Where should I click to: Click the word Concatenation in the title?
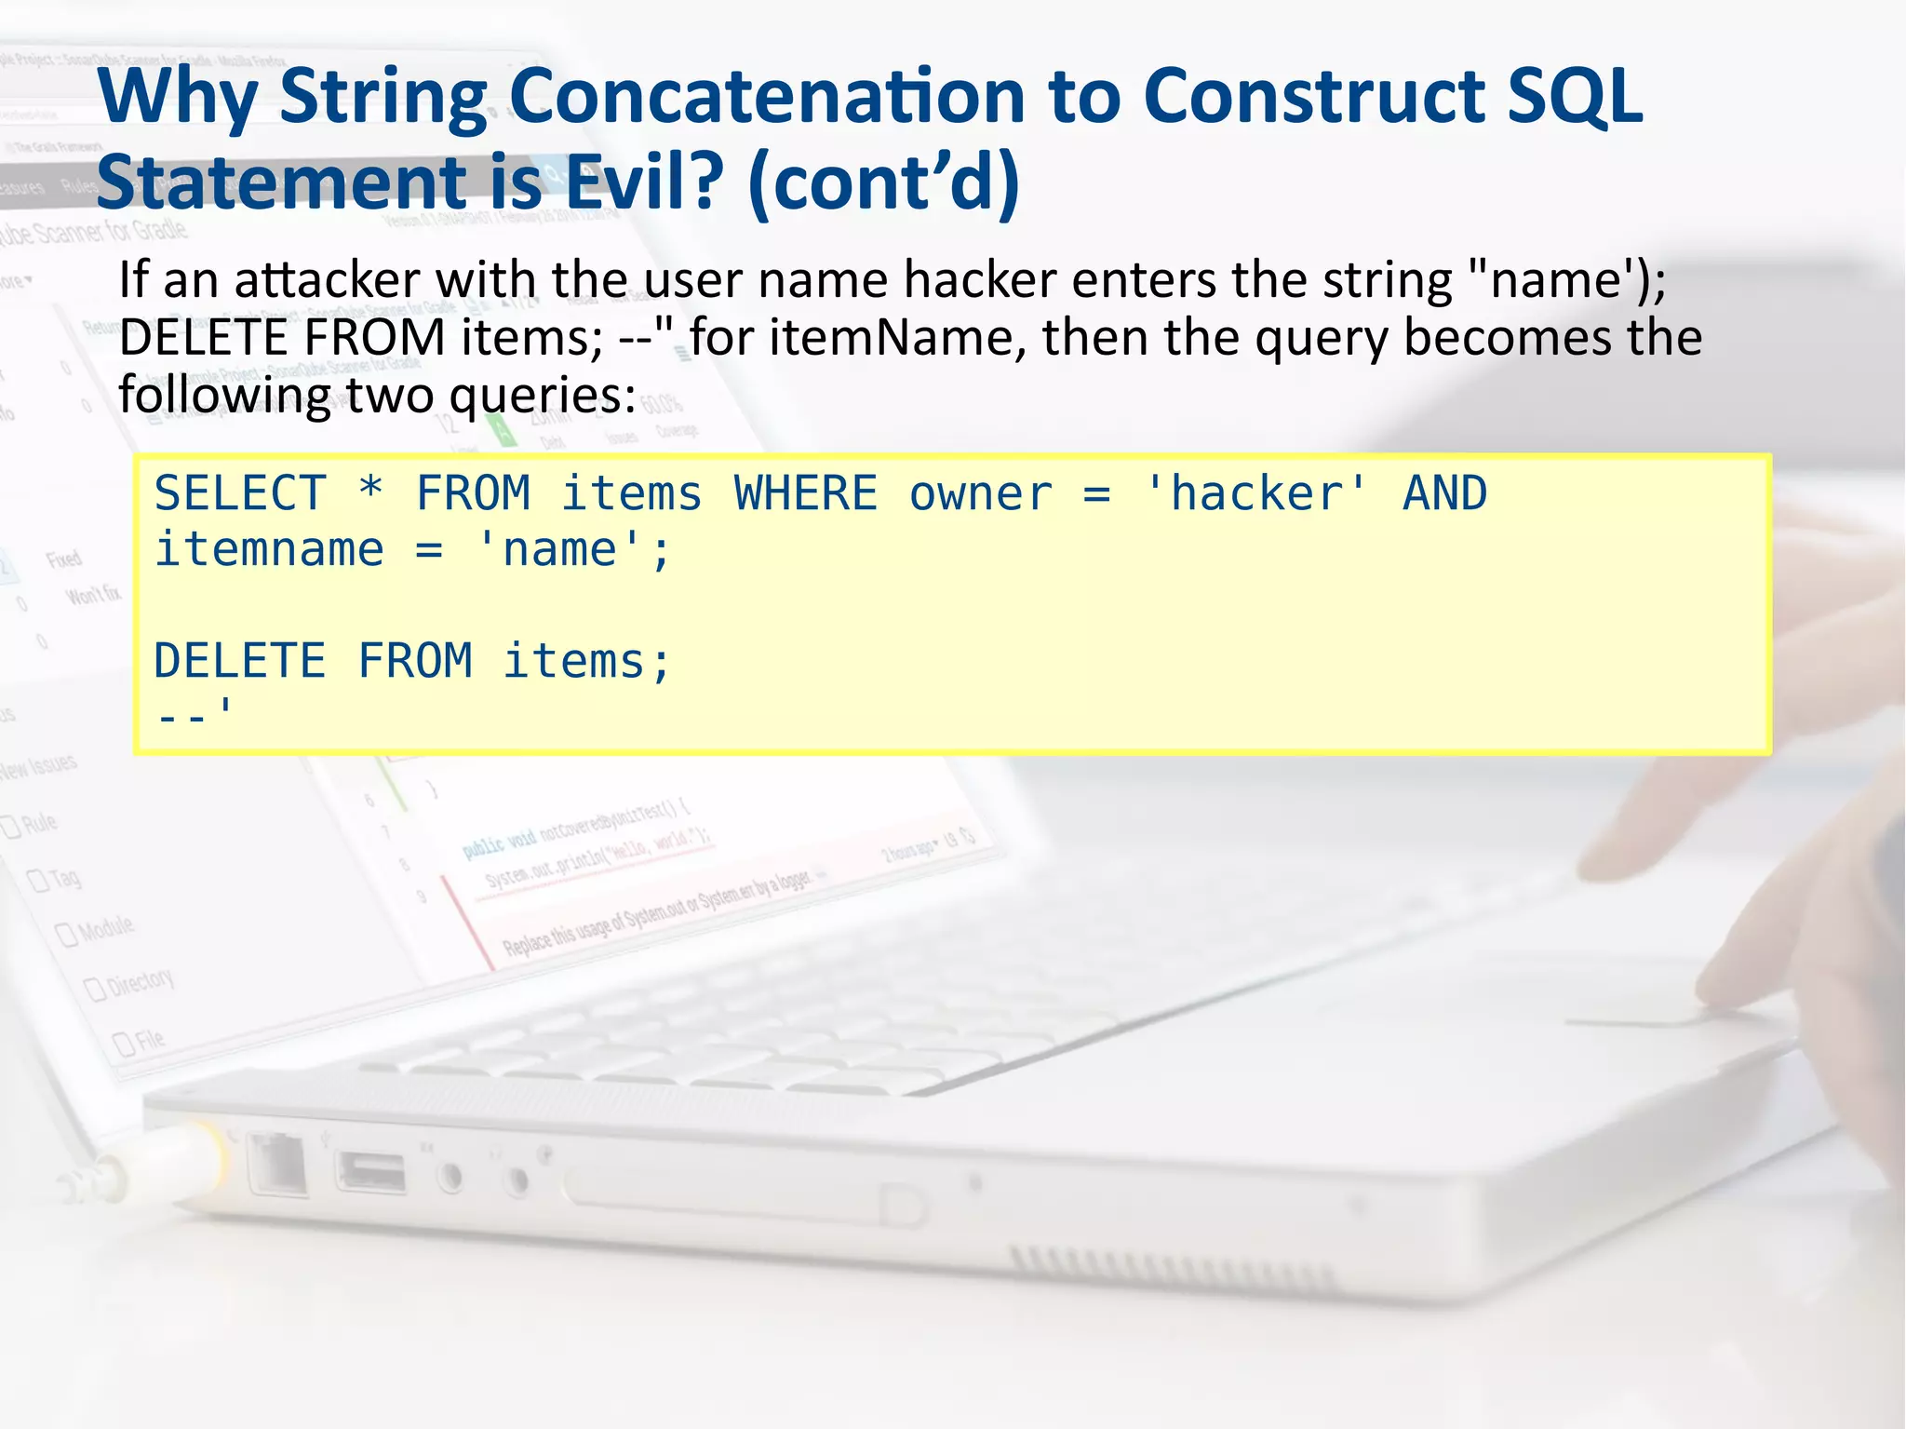(x=768, y=96)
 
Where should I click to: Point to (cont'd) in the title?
(x=883, y=183)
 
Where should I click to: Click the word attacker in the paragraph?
(x=327, y=280)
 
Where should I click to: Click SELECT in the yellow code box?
(x=240, y=493)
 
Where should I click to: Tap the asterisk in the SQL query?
(x=370, y=490)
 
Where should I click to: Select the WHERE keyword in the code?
(x=805, y=493)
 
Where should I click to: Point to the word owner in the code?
(x=980, y=495)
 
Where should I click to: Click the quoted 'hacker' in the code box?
(x=1255, y=493)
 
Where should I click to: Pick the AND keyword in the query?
(x=1444, y=493)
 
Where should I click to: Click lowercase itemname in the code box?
(x=269, y=549)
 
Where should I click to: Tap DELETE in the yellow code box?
(x=240, y=661)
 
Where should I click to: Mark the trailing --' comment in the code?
(x=194, y=714)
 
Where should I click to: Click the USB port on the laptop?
(x=371, y=1172)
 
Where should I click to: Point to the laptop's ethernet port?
(x=276, y=1164)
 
